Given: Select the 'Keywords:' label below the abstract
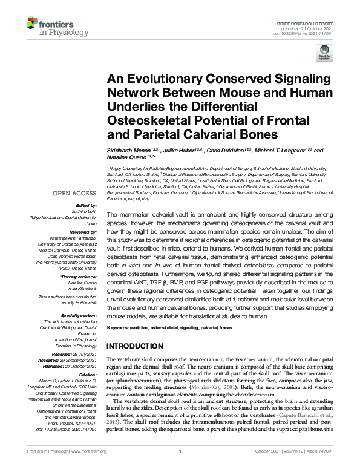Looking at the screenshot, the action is (x=117, y=327).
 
